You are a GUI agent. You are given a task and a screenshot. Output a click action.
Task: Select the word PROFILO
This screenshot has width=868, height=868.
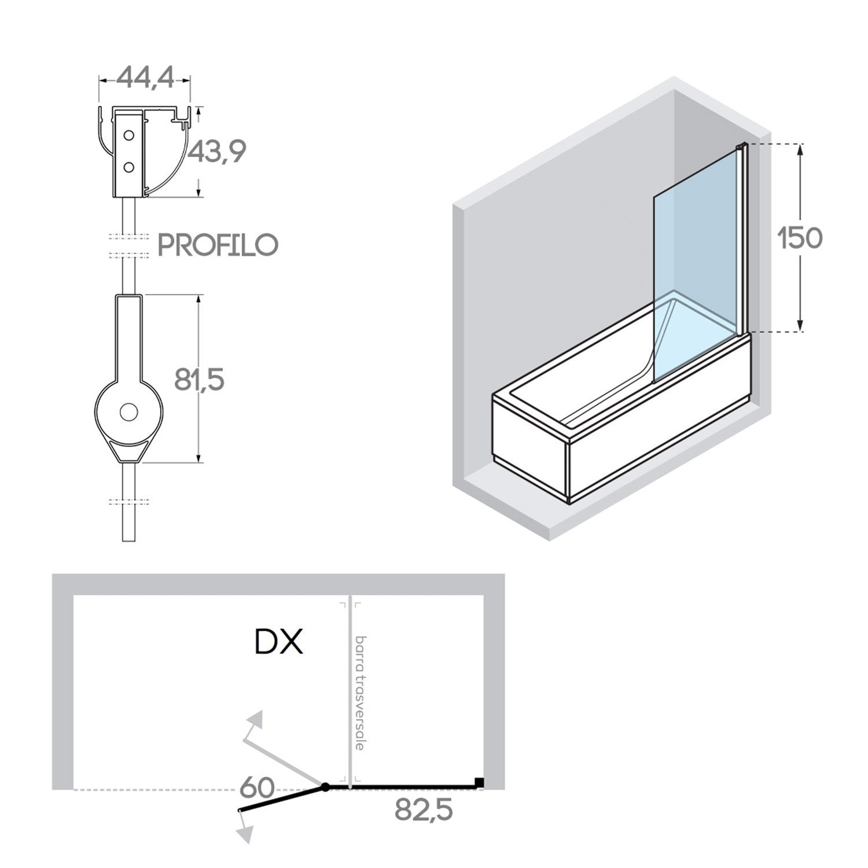(218, 245)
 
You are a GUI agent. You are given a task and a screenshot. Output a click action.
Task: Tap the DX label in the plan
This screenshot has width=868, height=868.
(279, 642)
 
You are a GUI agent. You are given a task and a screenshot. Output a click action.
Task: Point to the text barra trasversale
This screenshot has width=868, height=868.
(361, 693)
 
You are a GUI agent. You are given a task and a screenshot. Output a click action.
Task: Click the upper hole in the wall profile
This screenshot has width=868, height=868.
(129, 136)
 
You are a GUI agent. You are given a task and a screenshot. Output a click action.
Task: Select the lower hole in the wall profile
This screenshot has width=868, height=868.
(129, 167)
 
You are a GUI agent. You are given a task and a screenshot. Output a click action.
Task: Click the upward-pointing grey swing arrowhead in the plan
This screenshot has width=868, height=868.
(255, 721)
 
